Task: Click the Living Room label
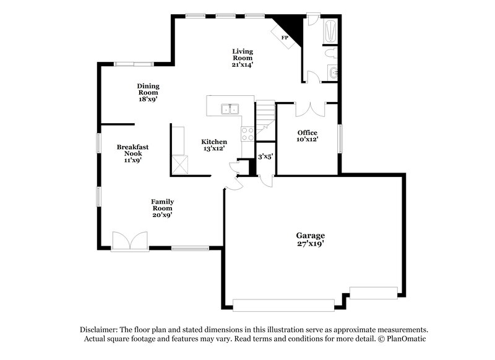243,58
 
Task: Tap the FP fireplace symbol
285,38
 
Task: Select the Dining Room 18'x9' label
148,92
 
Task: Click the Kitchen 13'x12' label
213,145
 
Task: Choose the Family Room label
163,208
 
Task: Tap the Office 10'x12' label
308,136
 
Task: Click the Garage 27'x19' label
310,239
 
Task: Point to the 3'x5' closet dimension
265,156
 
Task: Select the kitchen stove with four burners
247,132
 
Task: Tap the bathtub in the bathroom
330,31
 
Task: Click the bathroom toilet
331,54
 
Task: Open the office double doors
307,109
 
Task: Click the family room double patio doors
129,241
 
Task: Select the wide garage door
282,305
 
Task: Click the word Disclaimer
99,330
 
